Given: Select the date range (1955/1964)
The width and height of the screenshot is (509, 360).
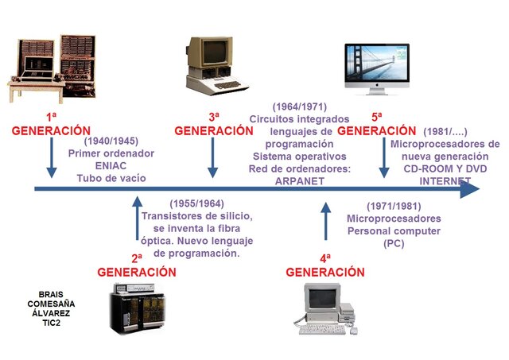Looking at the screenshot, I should (x=196, y=203).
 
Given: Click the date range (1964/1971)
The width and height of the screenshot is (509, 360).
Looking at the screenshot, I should (x=300, y=106).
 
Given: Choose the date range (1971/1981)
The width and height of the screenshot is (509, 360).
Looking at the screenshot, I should (x=394, y=205).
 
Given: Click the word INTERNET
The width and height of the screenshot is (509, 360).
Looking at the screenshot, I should (x=445, y=181).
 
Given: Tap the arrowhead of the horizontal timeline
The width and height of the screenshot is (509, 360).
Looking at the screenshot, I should (x=470, y=190).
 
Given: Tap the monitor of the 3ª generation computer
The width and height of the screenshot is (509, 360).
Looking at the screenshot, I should (x=214, y=52).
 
